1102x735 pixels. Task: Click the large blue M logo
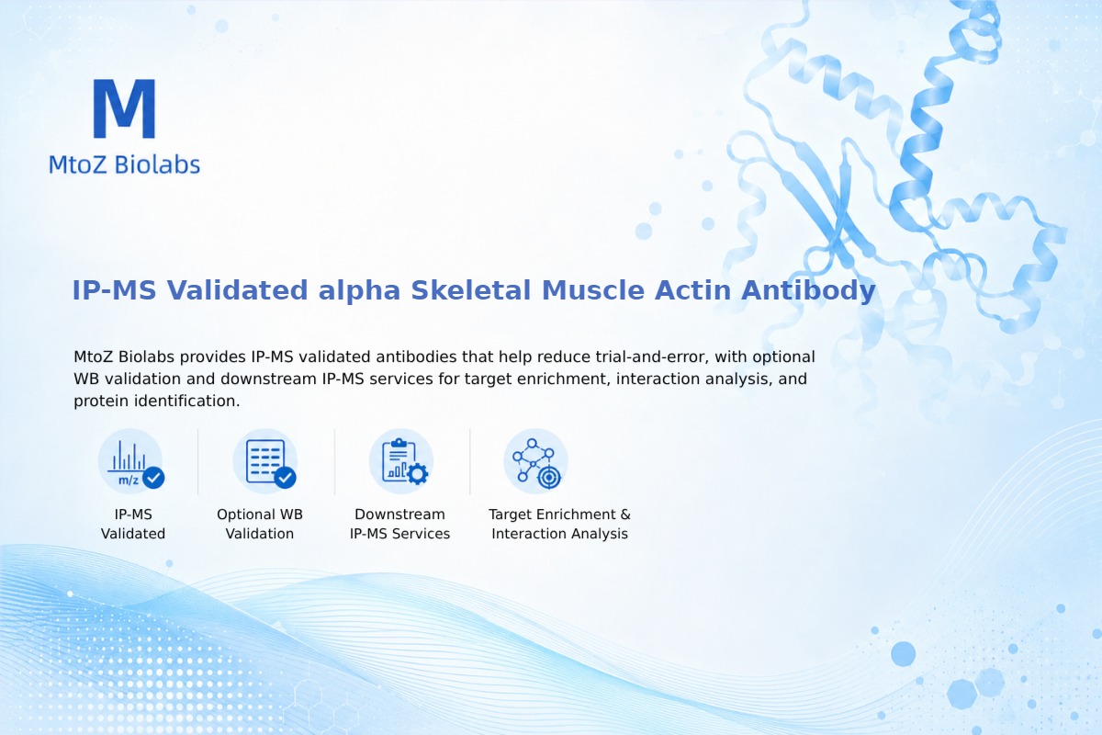coord(125,108)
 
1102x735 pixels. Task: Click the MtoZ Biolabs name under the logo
coord(125,164)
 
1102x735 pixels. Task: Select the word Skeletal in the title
coord(471,290)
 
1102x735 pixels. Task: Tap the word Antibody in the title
coord(808,290)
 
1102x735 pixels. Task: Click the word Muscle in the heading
coord(593,290)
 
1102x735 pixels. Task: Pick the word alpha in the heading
coord(359,290)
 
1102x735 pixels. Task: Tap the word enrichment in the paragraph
coord(563,379)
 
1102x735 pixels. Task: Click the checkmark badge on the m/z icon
coord(153,478)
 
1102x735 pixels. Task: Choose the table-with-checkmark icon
coord(265,462)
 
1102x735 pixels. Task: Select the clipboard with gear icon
coord(401,462)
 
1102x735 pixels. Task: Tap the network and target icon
coord(535,462)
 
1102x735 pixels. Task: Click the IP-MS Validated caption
coord(133,524)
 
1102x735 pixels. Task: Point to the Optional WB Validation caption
coord(260,524)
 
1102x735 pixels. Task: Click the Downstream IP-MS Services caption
coord(400,524)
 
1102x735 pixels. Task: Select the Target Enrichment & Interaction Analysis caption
coord(560,524)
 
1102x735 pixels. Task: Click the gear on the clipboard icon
coord(418,474)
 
